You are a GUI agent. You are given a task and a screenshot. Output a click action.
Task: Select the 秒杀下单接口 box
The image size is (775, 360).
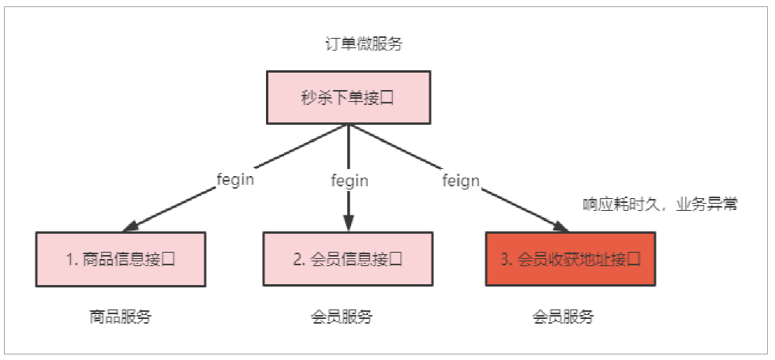348,98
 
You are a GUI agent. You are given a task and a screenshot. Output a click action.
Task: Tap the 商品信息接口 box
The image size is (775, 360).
120,259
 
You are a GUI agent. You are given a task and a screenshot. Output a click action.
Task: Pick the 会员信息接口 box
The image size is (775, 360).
348,259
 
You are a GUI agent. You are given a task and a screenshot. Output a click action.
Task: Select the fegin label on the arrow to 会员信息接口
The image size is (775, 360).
349,180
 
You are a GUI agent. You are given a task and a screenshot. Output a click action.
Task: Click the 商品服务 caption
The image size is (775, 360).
120,317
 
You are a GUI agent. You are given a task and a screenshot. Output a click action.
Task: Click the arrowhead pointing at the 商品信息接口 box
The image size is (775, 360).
131,227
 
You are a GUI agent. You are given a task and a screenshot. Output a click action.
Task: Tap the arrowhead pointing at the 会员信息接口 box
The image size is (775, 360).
348,225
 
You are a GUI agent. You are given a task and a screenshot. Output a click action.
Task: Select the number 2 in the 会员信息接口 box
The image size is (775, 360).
298,259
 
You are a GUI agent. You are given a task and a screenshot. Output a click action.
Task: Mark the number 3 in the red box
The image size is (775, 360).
505,259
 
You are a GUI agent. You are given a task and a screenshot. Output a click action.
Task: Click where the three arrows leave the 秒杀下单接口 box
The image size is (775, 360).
348,125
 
